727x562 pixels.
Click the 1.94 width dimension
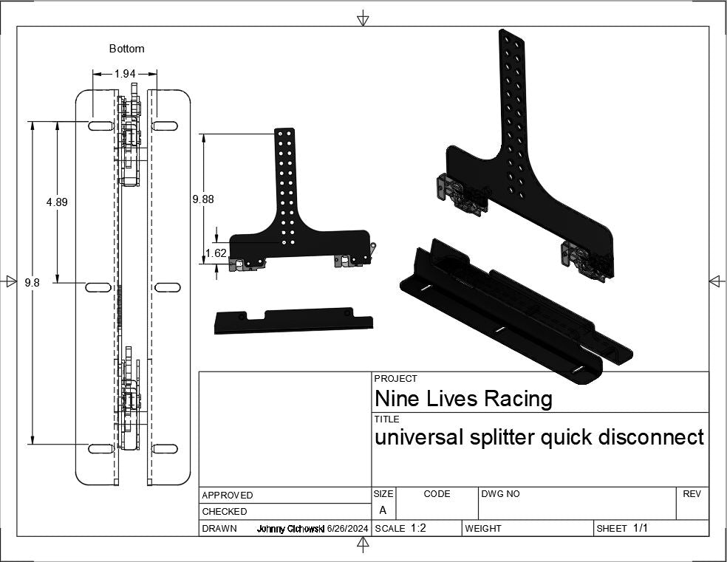(125, 73)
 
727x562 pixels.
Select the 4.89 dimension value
(57, 202)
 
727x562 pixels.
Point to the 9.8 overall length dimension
(32, 282)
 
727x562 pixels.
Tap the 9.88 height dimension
(203, 199)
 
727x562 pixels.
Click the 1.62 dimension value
(216, 253)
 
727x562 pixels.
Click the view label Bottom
(126, 49)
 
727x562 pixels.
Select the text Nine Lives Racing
(463, 399)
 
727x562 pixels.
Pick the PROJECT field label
(395, 379)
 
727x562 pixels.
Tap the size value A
(383, 510)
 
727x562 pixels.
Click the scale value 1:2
(418, 528)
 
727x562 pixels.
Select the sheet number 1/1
(641, 528)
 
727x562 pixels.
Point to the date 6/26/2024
(347, 529)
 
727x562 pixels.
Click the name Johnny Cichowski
(290, 529)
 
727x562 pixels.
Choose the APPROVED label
(227, 496)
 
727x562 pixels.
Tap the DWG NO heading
(500, 494)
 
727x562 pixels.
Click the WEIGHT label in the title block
(483, 529)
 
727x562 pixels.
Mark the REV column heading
(692, 494)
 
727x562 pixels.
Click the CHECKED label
(224, 512)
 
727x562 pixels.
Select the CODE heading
(437, 494)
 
